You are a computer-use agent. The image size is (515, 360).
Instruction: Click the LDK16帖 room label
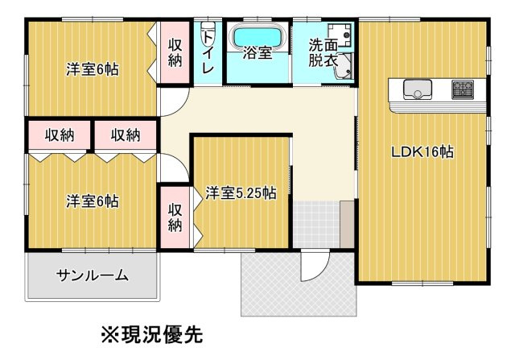[422, 152]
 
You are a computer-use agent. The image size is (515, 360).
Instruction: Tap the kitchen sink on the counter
[416, 89]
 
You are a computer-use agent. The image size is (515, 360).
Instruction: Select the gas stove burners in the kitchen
[462, 89]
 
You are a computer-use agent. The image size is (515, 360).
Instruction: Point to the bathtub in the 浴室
[257, 37]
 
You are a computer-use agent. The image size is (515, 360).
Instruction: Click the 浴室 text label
[257, 55]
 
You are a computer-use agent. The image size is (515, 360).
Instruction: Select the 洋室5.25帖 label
[241, 193]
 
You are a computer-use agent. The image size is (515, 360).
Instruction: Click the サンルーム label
[92, 275]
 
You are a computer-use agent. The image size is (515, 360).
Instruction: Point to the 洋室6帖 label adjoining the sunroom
[92, 201]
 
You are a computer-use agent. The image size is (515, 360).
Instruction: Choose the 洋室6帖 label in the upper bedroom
[92, 69]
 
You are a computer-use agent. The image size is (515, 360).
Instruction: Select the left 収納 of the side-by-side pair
[60, 134]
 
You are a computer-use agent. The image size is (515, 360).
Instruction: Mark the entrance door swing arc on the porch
[315, 266]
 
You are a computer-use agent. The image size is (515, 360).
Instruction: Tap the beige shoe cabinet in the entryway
[347, 225]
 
